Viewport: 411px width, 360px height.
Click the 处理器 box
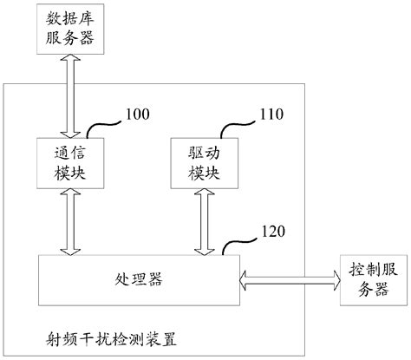click(139, 279)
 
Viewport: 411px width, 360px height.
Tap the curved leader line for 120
click(239, 244)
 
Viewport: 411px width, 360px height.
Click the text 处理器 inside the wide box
click(139, 279)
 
